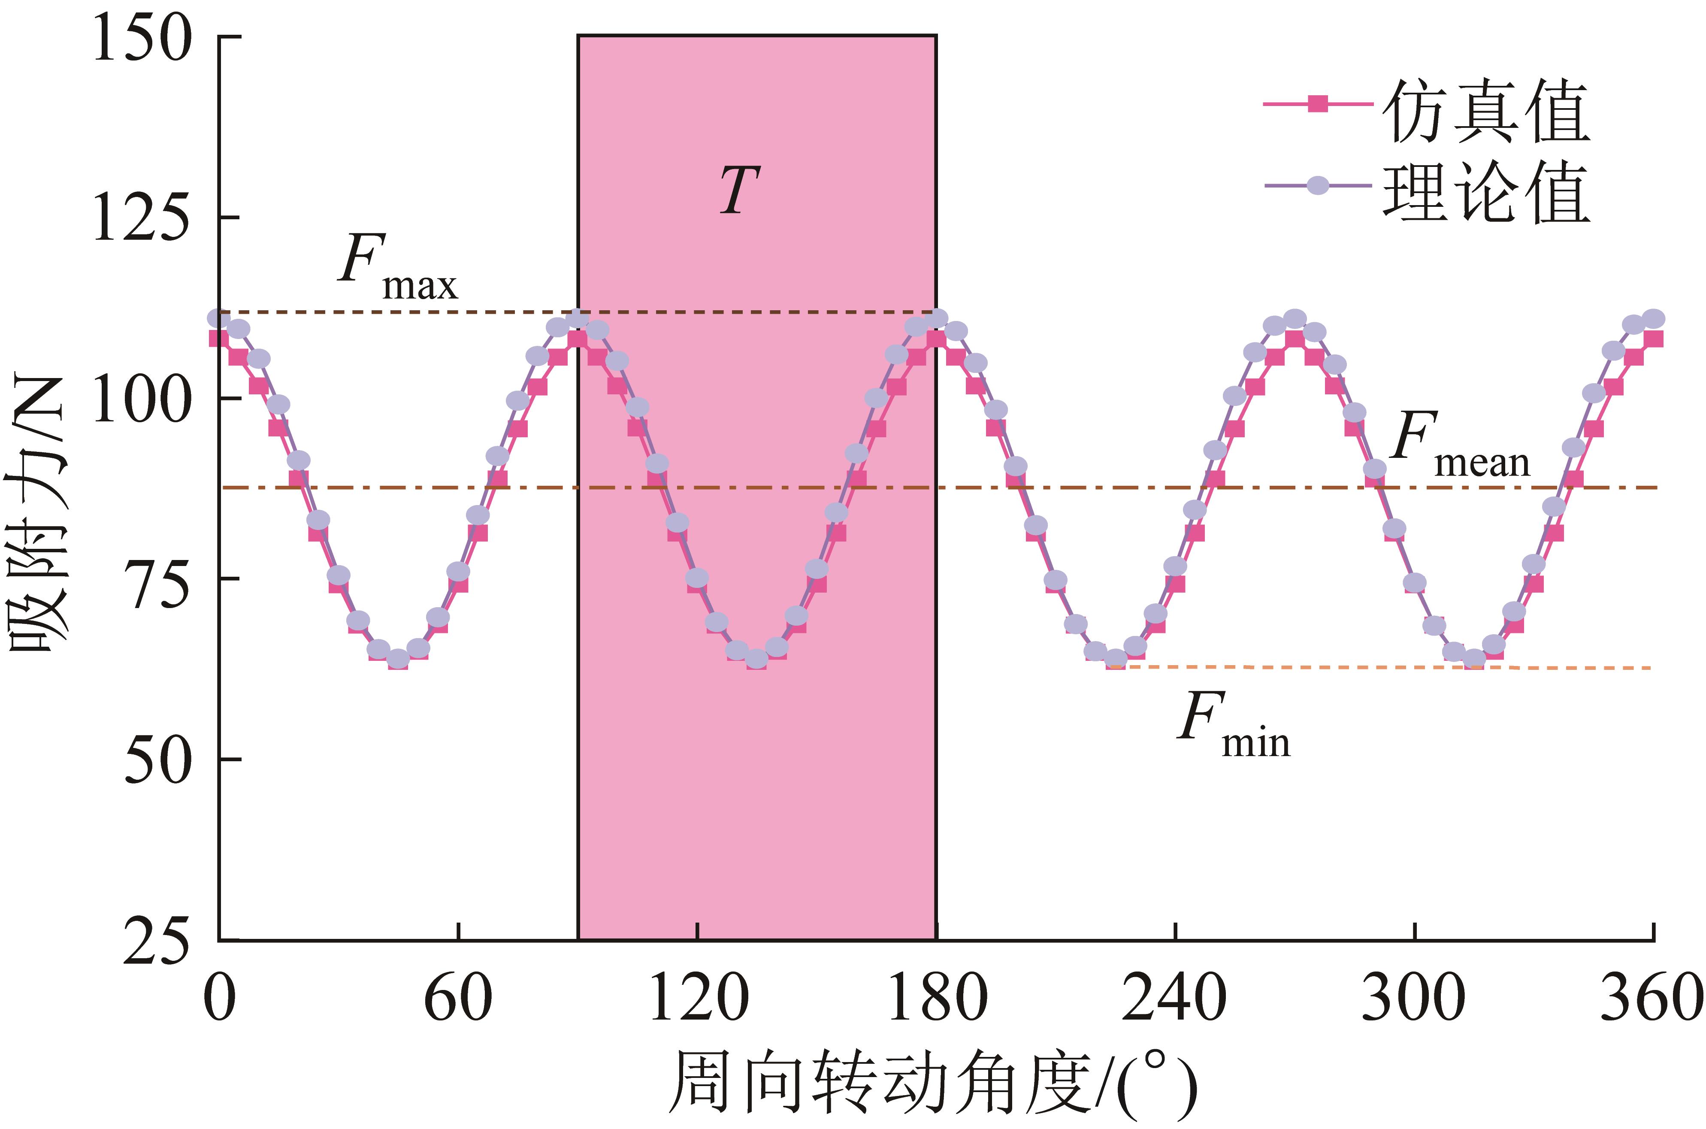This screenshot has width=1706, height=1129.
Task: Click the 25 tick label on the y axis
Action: pyautogui.click(x=157, y=943)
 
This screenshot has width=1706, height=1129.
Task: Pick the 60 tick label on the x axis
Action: pyautogui.click(x=458, y=999)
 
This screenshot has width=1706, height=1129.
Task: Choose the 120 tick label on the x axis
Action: pyautogui.click(x=698, y=999)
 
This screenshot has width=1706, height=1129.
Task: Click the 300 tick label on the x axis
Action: pyautogui.click(x=1414, y=999)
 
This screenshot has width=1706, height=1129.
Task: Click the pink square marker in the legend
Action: pyautogui.click(x=1317, y=103)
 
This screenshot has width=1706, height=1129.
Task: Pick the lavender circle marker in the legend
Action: pyautogui.click(x=1317, y=186)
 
